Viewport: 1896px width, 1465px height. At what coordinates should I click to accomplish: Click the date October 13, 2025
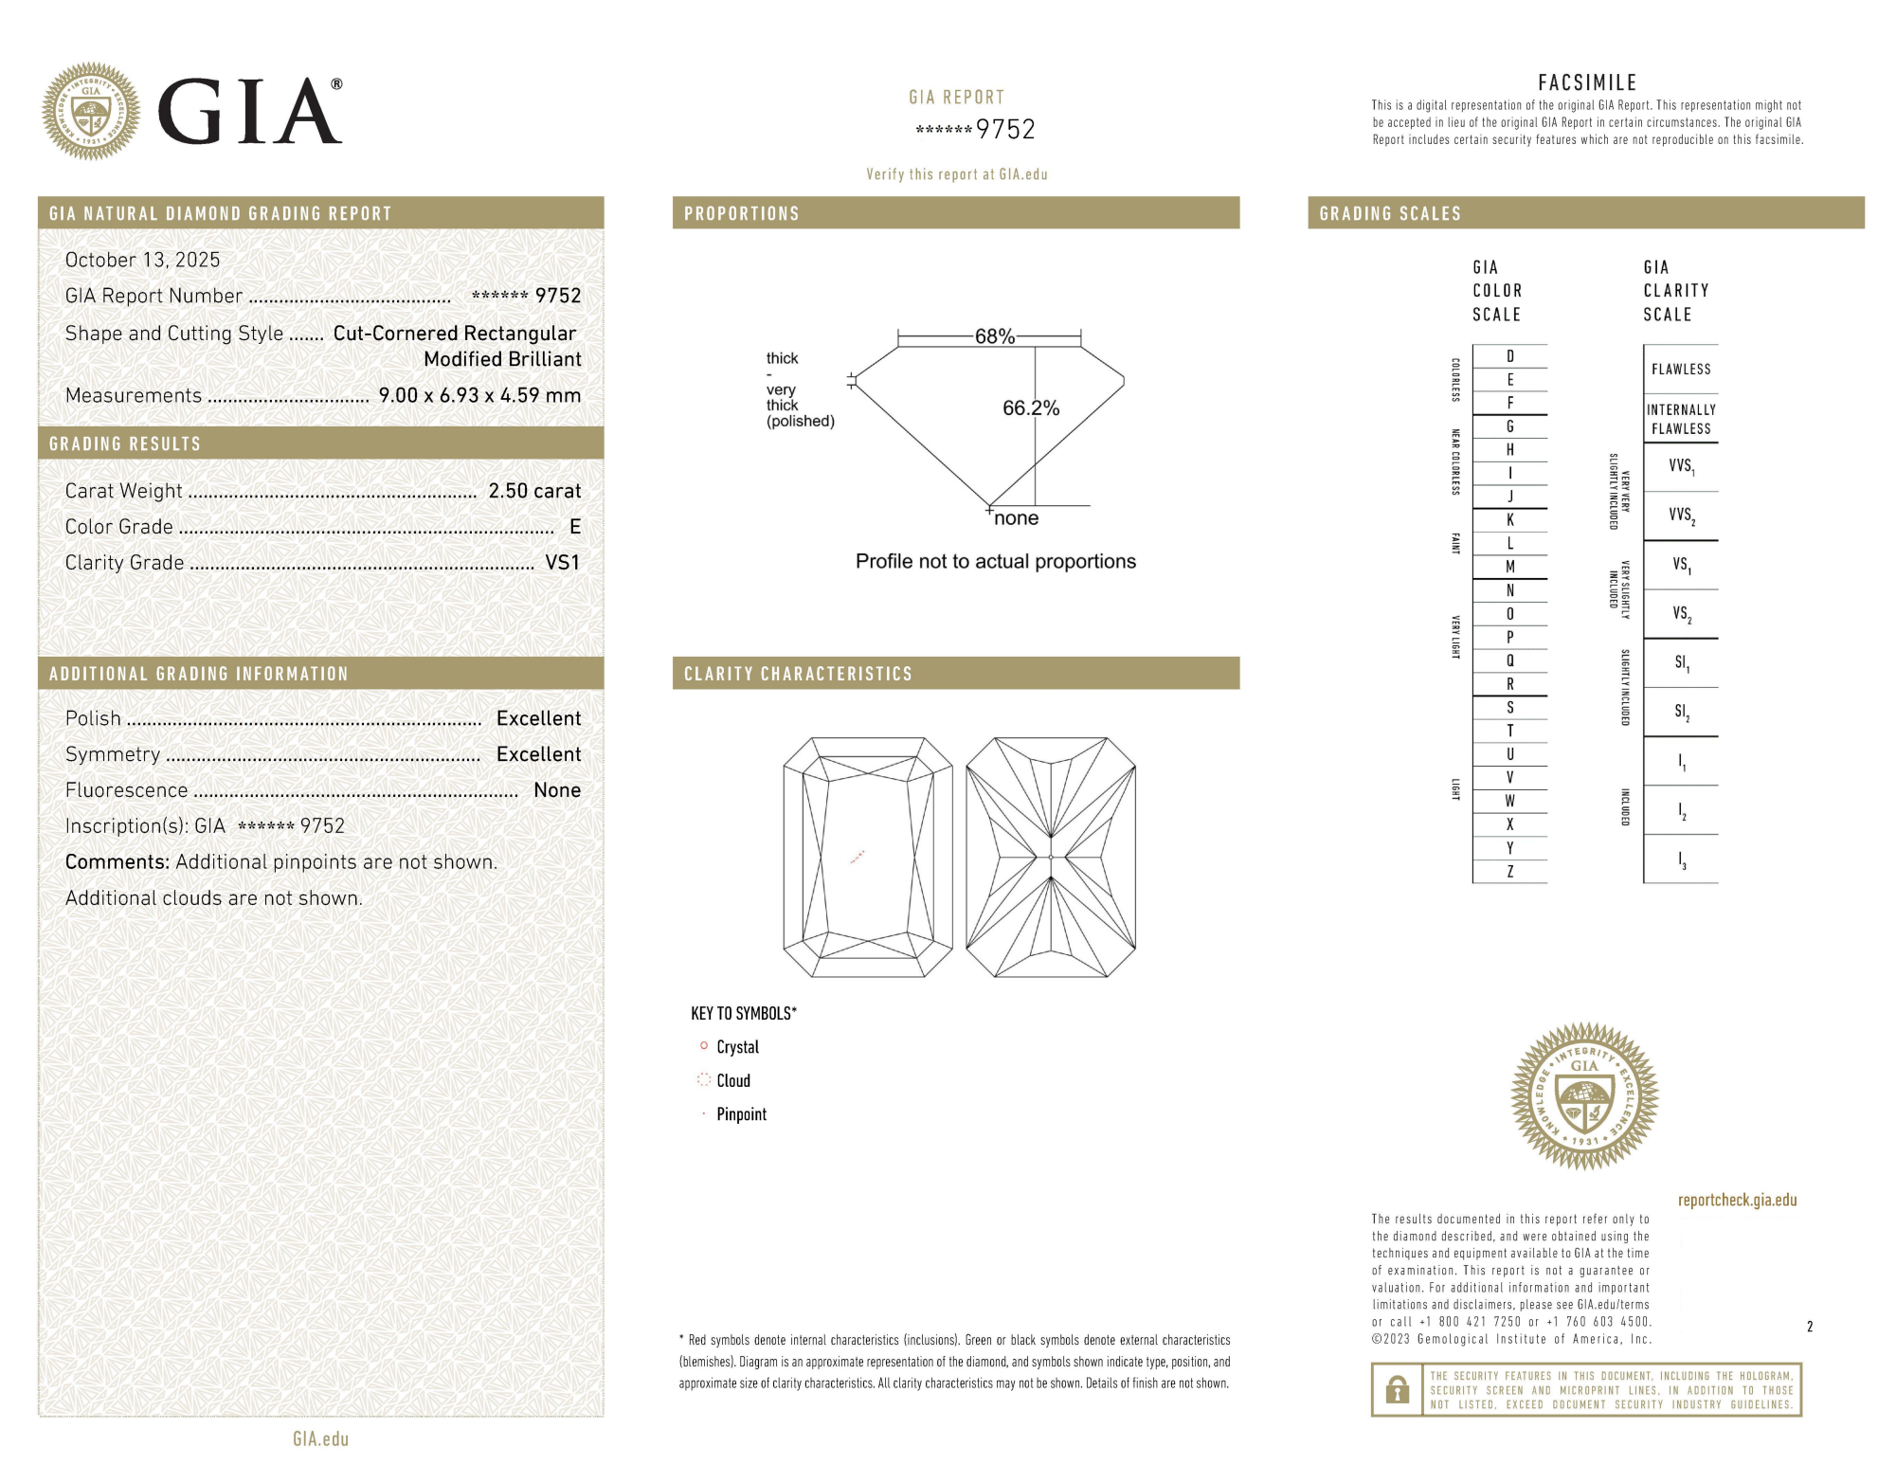[x=142, y=260]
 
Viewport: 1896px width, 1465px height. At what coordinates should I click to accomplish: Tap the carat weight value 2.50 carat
[x=534, y=491]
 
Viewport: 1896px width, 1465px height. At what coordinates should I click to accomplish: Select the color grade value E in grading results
[x=574, y=527]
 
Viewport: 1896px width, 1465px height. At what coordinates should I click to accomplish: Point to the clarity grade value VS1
[x=562, y=563]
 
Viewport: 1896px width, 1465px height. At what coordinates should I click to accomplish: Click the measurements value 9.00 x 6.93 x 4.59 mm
[x=479, y=395]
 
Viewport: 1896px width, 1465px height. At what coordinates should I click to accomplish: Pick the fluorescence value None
[x=557, y=790]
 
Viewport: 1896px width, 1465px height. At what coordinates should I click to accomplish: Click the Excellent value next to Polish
[x=538, y=718]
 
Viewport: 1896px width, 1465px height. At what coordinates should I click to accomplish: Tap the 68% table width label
[x=994, y=336]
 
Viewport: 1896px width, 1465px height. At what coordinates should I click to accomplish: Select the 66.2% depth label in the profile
[x=1030, y=408]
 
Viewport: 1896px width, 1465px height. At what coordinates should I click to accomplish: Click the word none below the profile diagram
[x=1016, y=518]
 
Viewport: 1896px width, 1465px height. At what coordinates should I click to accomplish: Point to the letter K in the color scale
[x=1509, y=520]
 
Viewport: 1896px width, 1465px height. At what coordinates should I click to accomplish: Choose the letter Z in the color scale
[x=1509, y=872]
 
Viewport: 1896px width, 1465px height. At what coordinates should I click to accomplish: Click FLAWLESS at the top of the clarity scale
[x=1681, y=370]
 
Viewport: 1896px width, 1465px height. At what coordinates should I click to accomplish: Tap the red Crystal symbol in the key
[x=704, y=1046]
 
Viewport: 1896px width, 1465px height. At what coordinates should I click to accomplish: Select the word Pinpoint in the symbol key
[x=741, y=1114]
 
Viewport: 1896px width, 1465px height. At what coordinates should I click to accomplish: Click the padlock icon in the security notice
[x=1397, y=1390]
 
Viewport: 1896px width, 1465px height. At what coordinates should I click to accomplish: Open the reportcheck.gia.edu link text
[x=1737, y=1200]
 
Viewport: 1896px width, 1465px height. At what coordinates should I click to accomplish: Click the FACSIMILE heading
[x=1587, y=83]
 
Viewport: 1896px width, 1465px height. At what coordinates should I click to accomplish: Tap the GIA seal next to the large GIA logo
[x=91, y=112]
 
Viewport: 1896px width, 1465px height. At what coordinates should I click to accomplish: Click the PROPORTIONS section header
[x=742, y=213]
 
